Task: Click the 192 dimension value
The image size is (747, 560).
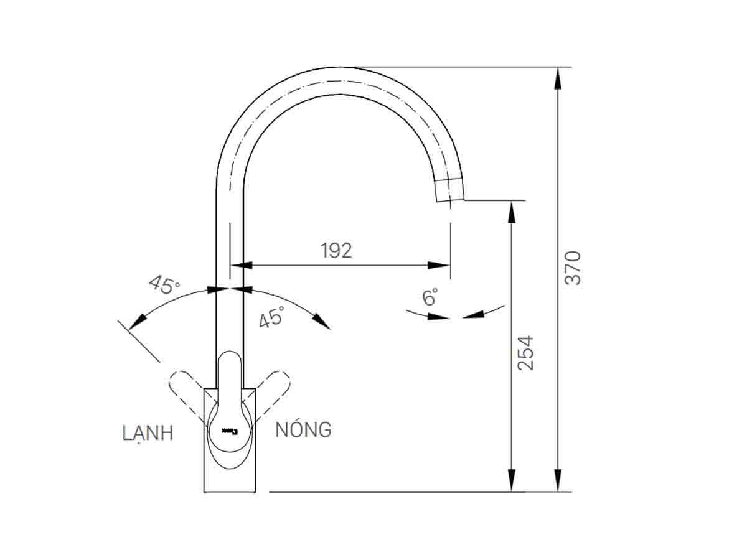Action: pos(336,250)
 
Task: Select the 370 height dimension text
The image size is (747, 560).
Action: pos(573,268)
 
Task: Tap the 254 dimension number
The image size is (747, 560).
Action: pos(526,353)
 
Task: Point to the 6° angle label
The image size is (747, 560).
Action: pos(430,297)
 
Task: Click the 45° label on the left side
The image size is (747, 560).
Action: pos(164,285)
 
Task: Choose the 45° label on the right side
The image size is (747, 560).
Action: pos(272,317)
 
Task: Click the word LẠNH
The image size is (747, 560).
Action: pos(148,434)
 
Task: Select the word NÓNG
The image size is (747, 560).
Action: pos(303,429)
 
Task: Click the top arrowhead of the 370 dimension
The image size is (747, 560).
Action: pos(558,77)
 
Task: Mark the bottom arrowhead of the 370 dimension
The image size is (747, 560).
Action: pos(558,481)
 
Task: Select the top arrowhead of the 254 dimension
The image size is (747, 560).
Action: pos(512,212)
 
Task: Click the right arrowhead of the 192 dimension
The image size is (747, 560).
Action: pos(439,265)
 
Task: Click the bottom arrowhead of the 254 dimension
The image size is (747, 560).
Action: pos(512,481)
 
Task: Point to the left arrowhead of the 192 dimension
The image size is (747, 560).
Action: pos(242,265)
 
